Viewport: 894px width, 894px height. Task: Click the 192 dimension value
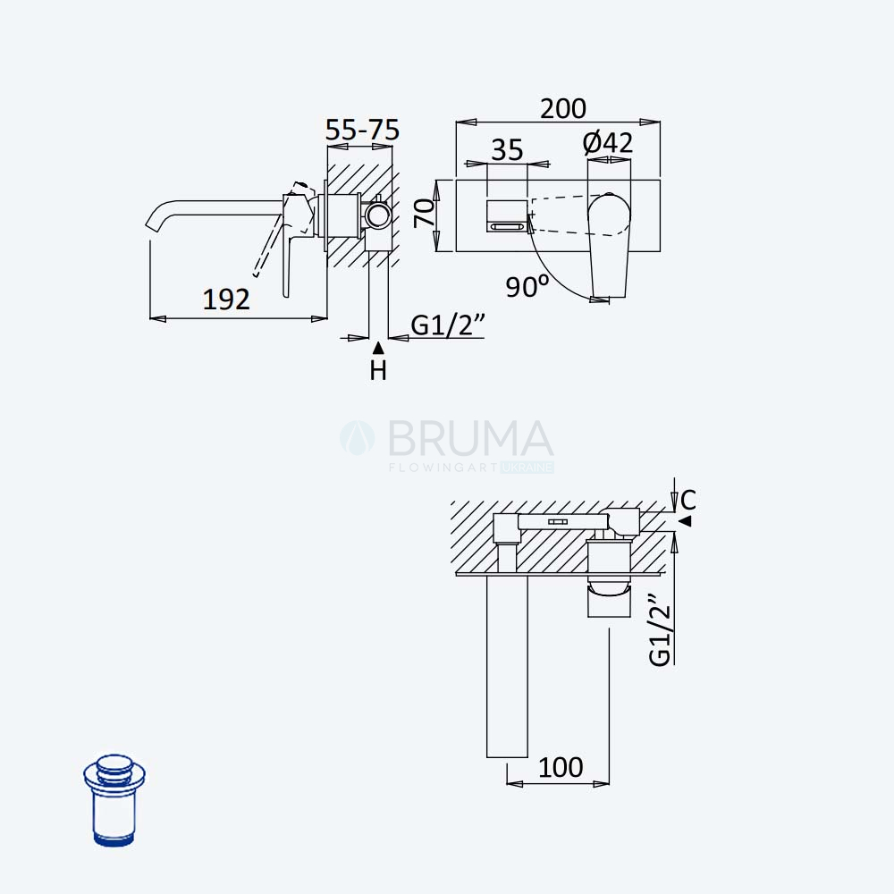point(226,299)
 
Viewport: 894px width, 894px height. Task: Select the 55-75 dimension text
point(362,130)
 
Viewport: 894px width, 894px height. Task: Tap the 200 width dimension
point(562,109)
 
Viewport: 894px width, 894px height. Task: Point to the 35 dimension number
point(507,150)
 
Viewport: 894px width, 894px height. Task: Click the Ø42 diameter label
point(608,142)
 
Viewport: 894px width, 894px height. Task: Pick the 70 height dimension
point(426,214)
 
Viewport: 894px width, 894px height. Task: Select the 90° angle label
point(527,286)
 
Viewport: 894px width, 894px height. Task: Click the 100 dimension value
point(561,767)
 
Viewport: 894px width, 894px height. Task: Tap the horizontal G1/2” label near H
point(448,325)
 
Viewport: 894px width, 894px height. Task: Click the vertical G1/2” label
point(661,629)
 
